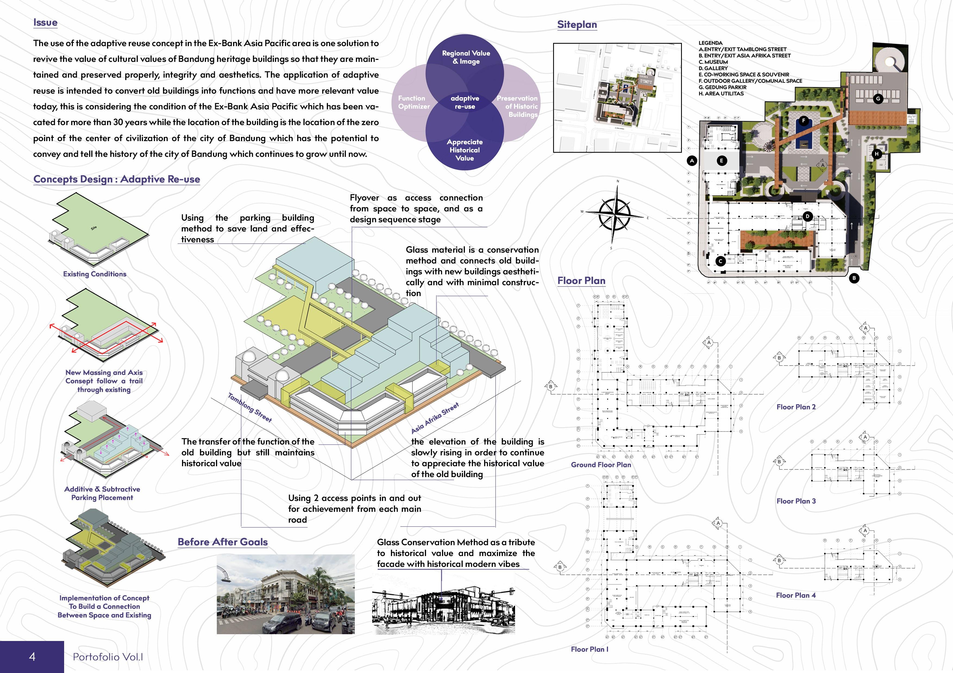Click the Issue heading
(45, 23)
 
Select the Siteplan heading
(577, 24)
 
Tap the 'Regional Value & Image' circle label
(466, 57)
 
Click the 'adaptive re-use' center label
(465, 102)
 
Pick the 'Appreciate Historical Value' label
(465, 150)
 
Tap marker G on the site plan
(878, 99)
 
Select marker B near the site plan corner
(854, 278)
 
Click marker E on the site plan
(722, 160)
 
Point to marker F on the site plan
(804, 121)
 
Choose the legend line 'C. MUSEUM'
(713, 62)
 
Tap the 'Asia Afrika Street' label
(435, 418)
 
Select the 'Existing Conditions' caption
(95, 274)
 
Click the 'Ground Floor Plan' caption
(601, 465)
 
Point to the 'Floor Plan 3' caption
(796, 501)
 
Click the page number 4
(32, 656)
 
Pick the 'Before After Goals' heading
(222, 542)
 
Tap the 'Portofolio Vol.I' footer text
(108, 657)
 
